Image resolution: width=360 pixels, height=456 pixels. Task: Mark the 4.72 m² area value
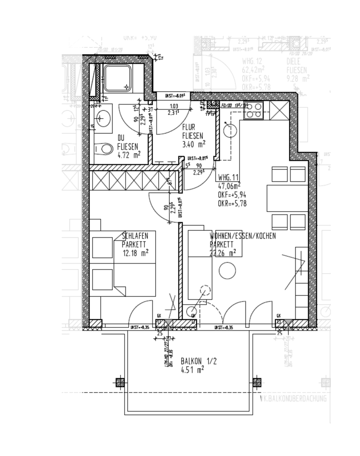[x=128, y=155]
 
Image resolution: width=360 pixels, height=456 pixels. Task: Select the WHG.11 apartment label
[x=229, y=178]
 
